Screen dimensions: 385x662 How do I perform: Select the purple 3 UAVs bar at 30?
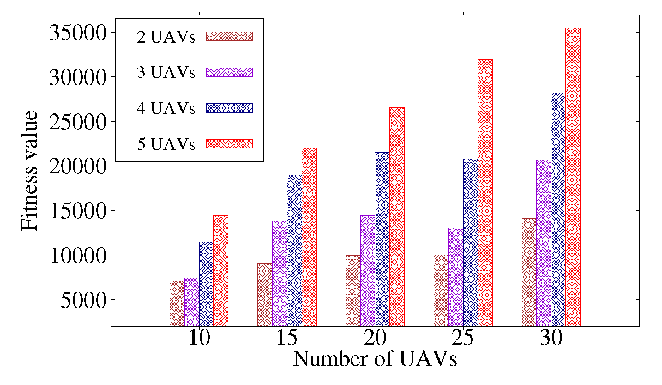(543, 243)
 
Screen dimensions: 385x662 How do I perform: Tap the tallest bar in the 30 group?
(573, 177)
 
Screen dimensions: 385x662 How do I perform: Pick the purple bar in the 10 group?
(191, 302)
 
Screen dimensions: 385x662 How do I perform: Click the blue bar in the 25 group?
(470, 242)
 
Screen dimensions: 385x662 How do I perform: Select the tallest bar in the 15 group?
(309, 237)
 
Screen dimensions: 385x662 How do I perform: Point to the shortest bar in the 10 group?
(177, 303)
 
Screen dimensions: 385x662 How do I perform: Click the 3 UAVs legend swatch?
(230, 72)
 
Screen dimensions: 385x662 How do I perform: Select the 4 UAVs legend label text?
(166, 108)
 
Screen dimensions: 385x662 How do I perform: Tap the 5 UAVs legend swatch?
(230, 143)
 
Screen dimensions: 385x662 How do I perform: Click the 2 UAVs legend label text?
(166, 37)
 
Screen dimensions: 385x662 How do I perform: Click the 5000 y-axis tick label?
(80, 299)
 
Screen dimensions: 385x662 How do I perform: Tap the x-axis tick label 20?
(375, 339)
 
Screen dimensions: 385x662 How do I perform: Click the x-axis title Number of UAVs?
(375, 360)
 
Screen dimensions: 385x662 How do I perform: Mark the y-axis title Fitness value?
(30, 170)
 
